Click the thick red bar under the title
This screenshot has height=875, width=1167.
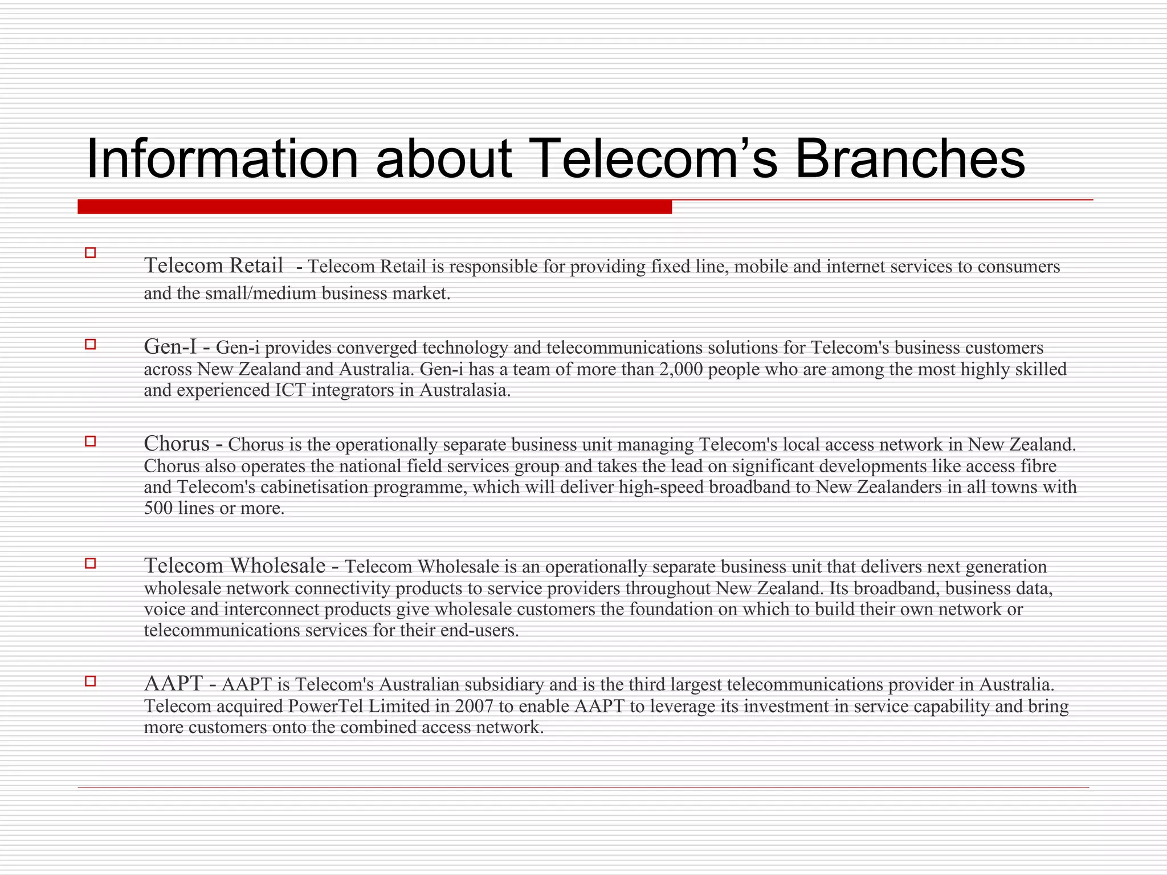point(374,207)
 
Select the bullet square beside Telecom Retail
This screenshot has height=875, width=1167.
point(90,253)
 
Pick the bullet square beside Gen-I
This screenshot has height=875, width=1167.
point(90,344)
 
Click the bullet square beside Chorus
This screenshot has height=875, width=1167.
point(90,441)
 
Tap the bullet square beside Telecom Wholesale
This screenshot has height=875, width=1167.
point(90,563)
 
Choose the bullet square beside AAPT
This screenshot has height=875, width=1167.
point(90,681)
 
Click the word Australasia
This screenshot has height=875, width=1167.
point(464,391)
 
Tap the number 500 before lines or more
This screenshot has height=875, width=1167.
point(158,508)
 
